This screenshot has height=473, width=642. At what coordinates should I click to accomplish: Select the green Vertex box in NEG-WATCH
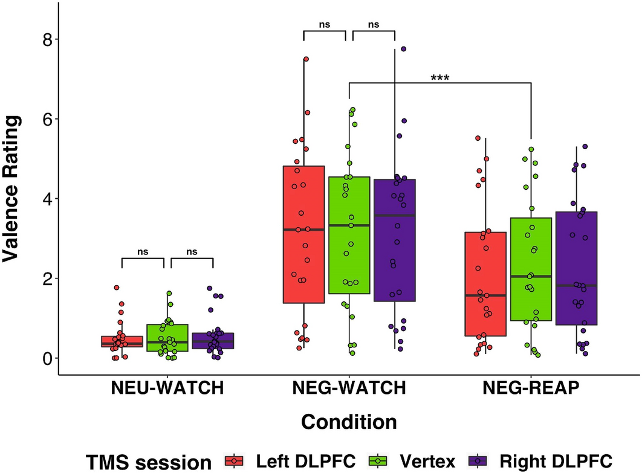[x=349, y=260]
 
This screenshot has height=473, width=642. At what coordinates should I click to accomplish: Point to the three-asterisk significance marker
[x=439, y=78]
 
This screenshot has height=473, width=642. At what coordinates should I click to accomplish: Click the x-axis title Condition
[x=349, y=421]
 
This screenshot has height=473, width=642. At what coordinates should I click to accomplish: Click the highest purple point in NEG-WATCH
[x=403, y=49]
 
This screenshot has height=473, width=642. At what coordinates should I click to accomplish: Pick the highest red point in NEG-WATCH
[x=306, y=59]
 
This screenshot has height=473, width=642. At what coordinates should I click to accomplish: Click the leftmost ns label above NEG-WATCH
[x=325, y=25]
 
